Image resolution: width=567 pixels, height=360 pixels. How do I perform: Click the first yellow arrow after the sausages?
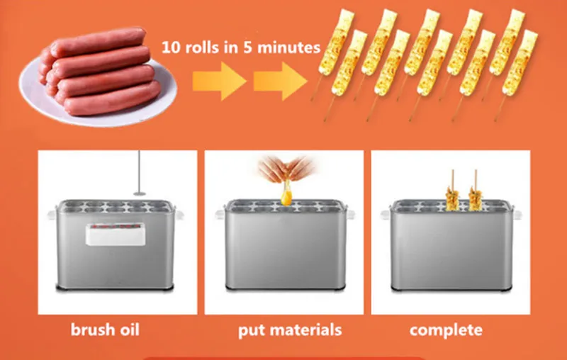click(x=219, y=81)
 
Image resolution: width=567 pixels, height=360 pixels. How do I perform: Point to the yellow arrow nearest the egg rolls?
click(x=280, y=81)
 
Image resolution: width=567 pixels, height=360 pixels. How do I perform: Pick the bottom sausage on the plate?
click(x=112, y=99)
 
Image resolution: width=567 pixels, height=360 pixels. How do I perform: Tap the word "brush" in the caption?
click(x=92, y=330)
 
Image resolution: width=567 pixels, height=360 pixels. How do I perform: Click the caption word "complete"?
click(x=446, y=330)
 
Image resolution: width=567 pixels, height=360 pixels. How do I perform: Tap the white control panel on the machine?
click(x=116, y=235)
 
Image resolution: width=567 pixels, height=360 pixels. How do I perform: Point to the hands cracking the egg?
click(x=286, y=169)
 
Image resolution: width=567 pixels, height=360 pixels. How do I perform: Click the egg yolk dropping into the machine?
click(x=286, y=197)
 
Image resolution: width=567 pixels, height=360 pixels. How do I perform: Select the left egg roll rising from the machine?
click(x=452, y=197)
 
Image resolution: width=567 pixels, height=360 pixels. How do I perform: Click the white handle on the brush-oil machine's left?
click(x=52, y=215)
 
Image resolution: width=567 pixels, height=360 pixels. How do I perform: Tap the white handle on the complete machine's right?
click(x=517, y=215)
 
